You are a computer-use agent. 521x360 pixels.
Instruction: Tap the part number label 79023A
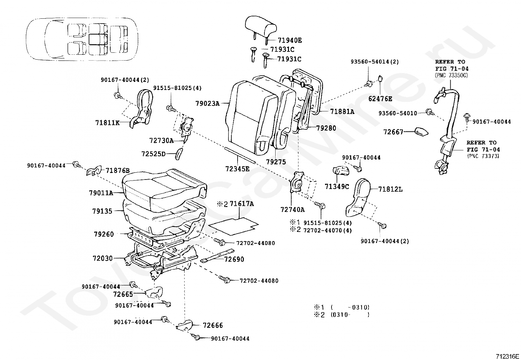tap(207, 104)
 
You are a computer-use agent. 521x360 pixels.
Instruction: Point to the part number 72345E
tap(237, 169)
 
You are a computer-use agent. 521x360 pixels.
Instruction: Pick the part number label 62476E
tap(380, 99)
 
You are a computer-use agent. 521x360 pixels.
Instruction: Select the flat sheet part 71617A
tap(233, 225)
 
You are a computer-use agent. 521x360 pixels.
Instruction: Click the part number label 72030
tap(102, 258)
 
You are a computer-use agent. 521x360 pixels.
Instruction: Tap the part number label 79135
tap(102, 211)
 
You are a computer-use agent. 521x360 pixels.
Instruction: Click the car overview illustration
tap(82, 39)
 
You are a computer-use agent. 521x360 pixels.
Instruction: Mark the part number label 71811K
tap(107, 123)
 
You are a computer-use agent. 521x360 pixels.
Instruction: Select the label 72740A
tap(292, 210)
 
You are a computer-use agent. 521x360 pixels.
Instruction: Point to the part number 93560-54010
tap(398, 113)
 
